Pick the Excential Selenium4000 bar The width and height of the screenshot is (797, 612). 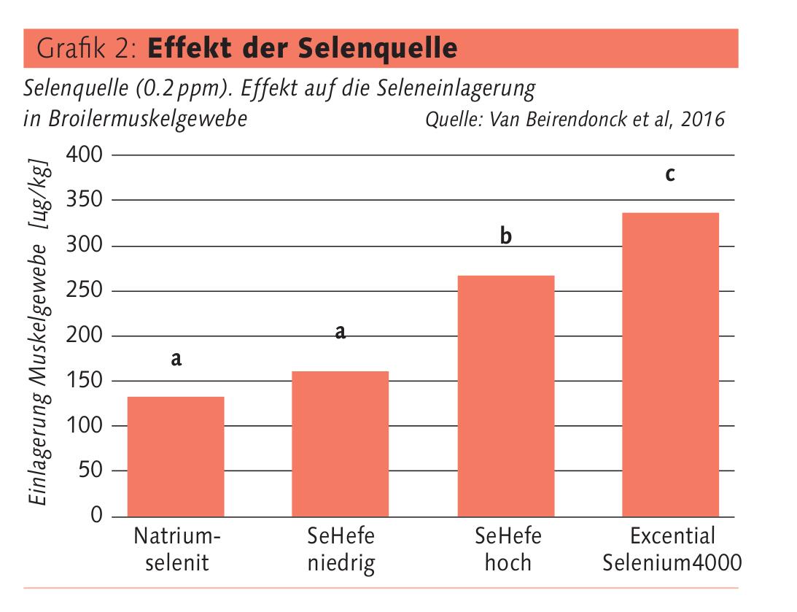point(670,364)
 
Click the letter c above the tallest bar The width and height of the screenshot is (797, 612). point(669,175)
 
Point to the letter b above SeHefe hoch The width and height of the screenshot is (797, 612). point(506,237)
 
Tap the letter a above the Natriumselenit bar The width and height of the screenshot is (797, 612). point(176,359)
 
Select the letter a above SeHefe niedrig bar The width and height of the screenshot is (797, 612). point(340,333)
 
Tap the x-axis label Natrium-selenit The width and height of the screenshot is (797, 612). point(176,550)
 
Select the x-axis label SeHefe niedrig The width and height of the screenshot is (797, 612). point(341,550)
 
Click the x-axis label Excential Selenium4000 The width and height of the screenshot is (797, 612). point(672,550)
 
